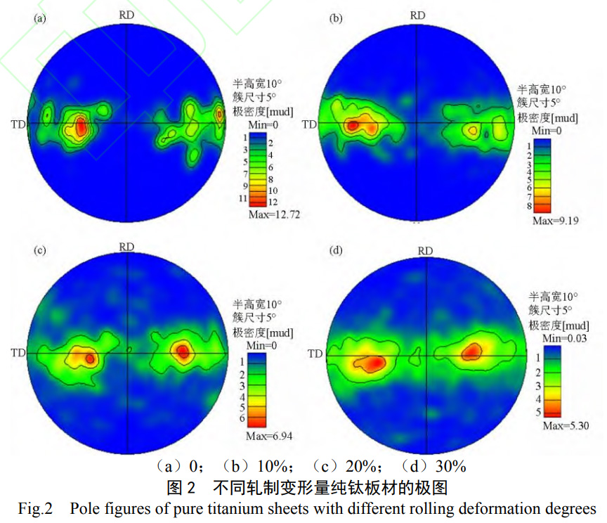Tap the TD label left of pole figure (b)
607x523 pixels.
pyautogui.click(x=309, y=124)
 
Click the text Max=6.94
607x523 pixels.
pyautogui.click(x=269, y=436)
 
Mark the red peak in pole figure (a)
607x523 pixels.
pyautogui.click(x=80, y=127)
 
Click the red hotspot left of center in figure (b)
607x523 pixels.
pyautogui.click(x=353, y=125)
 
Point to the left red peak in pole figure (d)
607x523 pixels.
pyautogui.click(x=374, y=363)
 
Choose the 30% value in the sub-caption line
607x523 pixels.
pyautogui.click(x=450, y=465)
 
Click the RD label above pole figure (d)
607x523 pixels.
pyautogui.click(x=425, y=251)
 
